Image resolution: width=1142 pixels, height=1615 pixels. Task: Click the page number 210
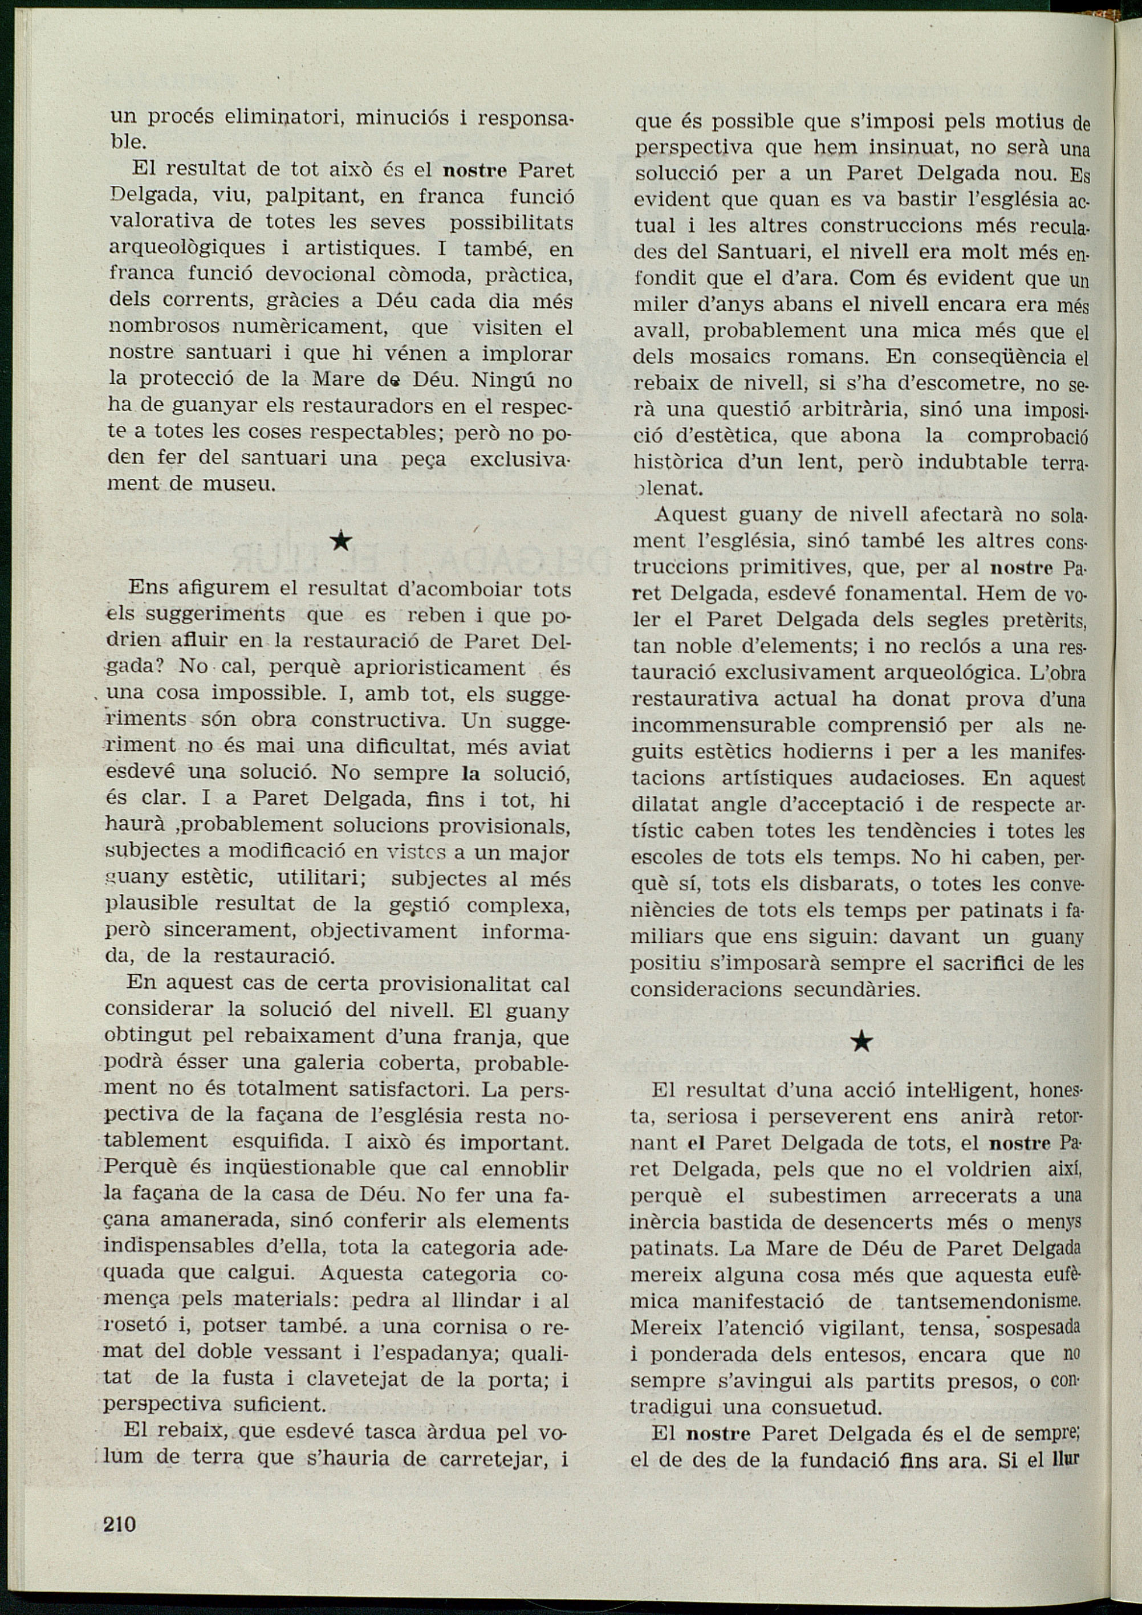(120, 1524)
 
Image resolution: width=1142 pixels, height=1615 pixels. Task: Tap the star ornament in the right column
(861, 1041)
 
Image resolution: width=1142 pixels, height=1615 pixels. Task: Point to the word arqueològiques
(187, 249)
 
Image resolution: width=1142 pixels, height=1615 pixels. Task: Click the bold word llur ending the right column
(1064, 1459)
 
